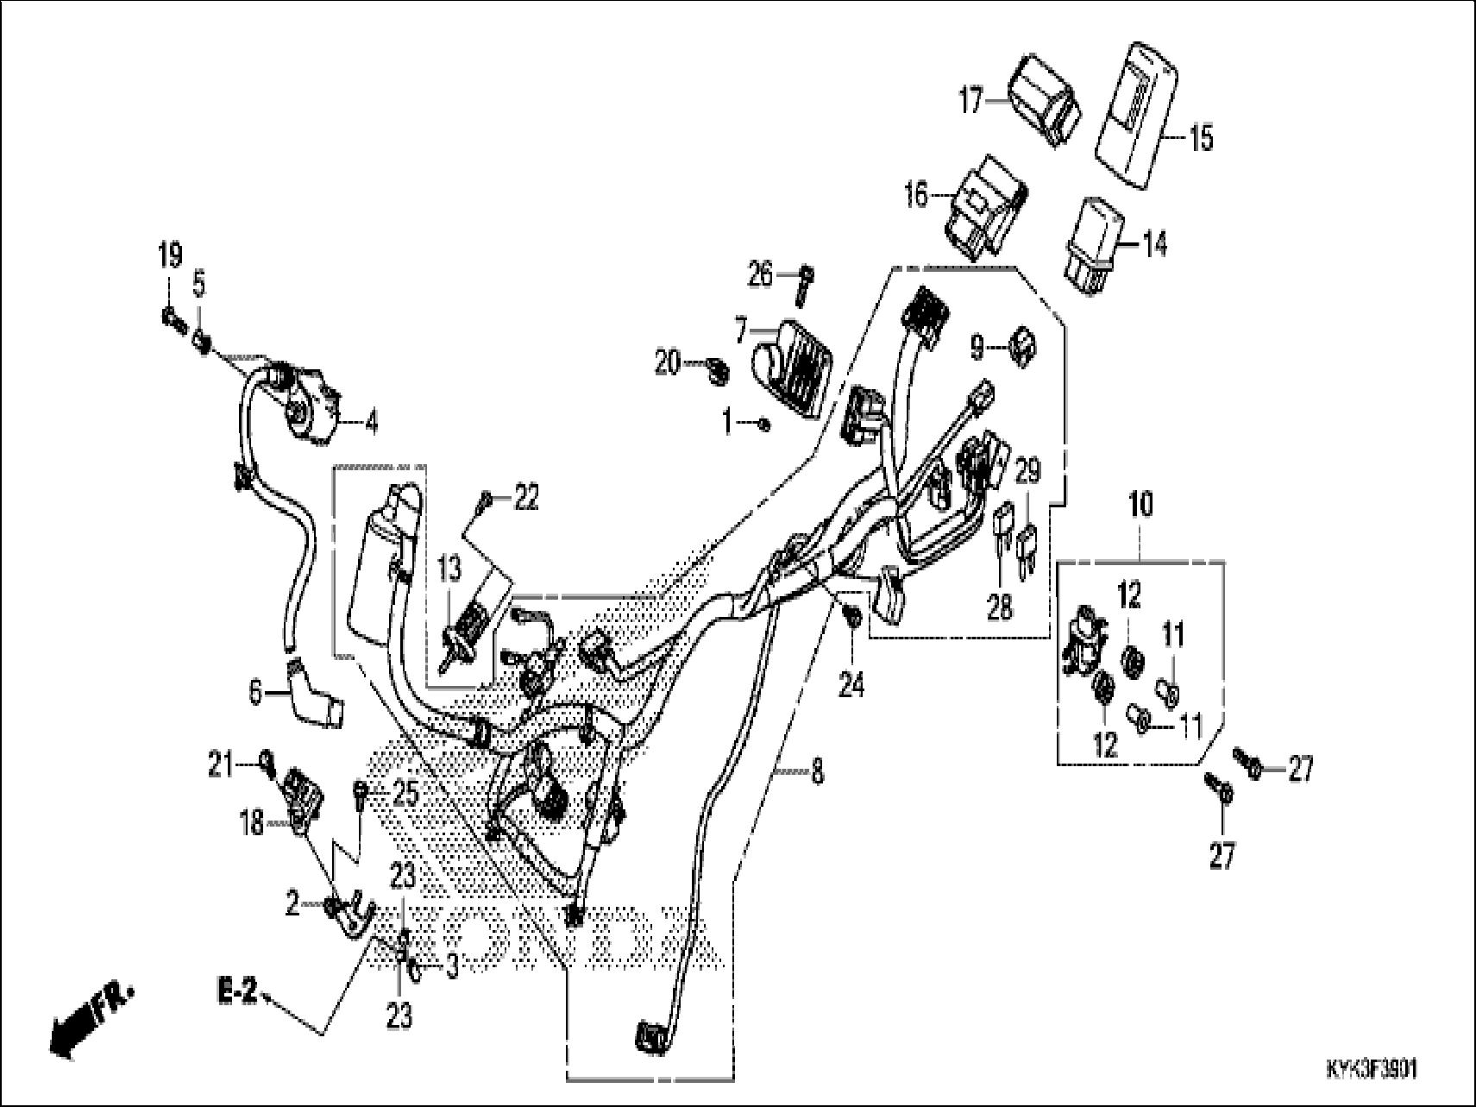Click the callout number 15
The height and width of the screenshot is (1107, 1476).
(1200, 138)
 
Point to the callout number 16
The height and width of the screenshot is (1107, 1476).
(916, 196)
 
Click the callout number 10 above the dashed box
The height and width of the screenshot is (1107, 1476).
(1140, 505)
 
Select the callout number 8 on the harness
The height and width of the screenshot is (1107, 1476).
(816, 770)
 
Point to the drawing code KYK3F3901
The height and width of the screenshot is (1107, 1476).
(1371, 1071)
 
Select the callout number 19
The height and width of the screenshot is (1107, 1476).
(170, 255)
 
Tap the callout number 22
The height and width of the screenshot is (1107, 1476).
(525, 498)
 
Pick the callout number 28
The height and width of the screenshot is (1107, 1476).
(1000, 609)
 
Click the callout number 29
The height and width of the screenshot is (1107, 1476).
(1027, 472)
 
